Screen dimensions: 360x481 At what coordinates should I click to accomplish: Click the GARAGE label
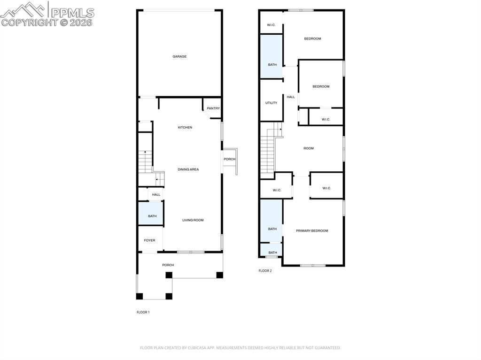tap(179, 56)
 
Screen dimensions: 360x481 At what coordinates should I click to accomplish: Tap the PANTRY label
tap(213, 108)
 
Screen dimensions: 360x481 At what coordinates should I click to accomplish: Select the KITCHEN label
tap(185, 128)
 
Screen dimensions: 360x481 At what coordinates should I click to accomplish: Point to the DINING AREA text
tap(188, 169)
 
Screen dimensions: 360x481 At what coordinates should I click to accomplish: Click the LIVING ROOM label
tap(193, 220)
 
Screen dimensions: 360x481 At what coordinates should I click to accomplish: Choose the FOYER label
tap(149, 240)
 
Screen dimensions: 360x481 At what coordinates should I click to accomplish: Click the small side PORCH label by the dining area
tap(229, 159)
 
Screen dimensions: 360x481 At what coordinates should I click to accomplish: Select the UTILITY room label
tap(271, 103)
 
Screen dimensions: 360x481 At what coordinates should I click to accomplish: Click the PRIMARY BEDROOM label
tap(312, 231)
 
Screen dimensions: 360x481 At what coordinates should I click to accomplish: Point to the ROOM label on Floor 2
tap(309, 148)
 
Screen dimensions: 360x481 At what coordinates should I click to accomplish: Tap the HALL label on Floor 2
tap(291, 97)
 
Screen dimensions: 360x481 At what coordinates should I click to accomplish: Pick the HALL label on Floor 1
tap(156, 194)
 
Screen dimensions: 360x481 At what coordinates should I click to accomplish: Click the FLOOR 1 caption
tap(143, 312)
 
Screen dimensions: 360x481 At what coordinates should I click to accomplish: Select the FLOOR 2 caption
tap(265, 271)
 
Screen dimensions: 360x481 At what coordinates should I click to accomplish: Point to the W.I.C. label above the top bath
tap(271, 25)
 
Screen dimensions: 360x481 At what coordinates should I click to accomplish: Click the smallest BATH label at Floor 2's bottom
tap(272, 253)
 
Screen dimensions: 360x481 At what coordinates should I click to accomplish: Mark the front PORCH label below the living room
tap(168, 265)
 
